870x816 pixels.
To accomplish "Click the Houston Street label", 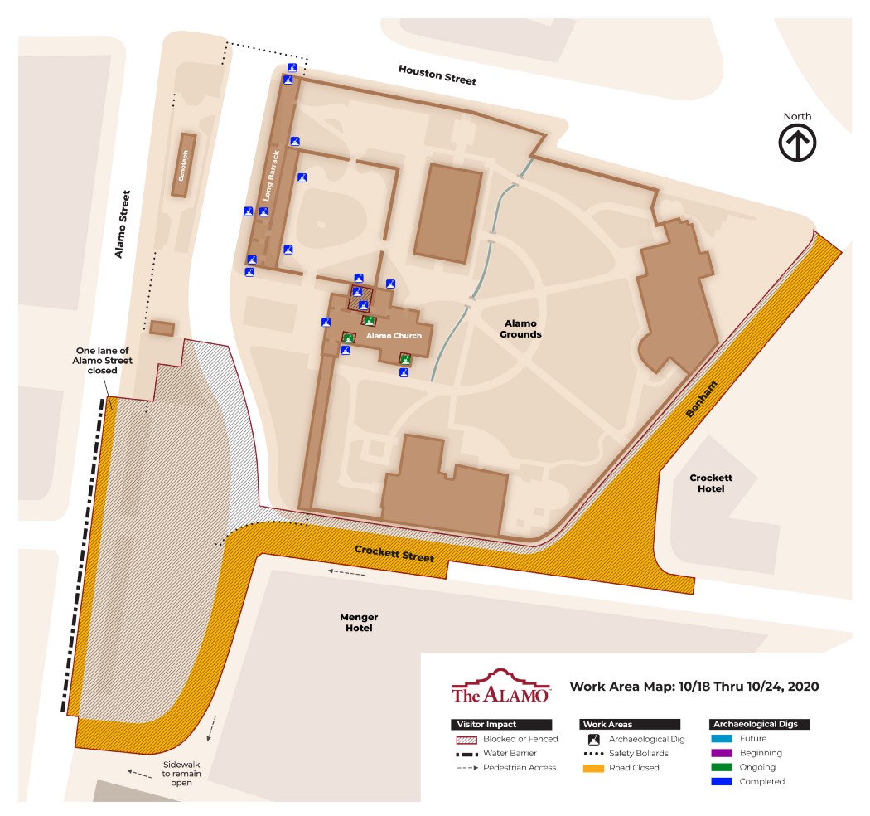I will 437,75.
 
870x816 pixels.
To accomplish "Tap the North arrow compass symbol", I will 797,143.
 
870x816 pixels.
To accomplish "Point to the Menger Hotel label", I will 359,623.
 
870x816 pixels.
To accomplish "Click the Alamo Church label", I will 394,335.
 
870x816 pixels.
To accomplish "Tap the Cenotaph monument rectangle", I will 183,165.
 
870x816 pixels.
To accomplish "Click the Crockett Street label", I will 394,553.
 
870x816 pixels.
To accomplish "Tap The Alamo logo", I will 501,687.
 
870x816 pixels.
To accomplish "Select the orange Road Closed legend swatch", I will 594,768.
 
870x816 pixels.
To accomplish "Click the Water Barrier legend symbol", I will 468,754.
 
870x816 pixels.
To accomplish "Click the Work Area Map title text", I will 694,687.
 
